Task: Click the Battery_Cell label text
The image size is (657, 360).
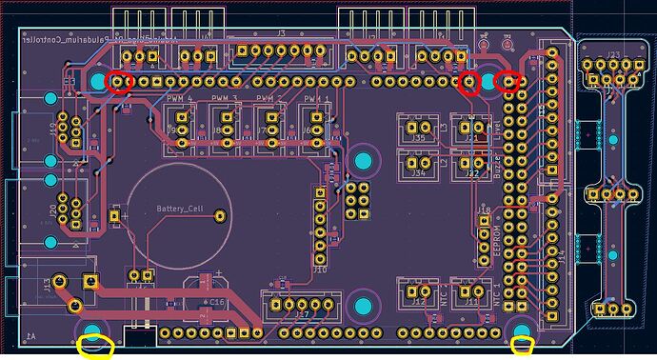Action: [x=180, y=209]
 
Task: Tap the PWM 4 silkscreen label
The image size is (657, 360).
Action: [x=178, y=98]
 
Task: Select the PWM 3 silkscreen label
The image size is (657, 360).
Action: [x=224, y=98]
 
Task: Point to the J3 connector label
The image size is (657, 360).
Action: [x=281, y=32]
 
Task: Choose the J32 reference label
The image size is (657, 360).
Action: [x=471, y=173]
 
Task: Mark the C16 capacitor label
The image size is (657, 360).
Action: [x=217, y=301]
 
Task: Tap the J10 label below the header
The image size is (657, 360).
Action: [x=320, y=270]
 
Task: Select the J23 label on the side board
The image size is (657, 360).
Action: [x=614, y=54]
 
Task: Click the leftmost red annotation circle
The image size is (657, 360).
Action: [x=119, y=82]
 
